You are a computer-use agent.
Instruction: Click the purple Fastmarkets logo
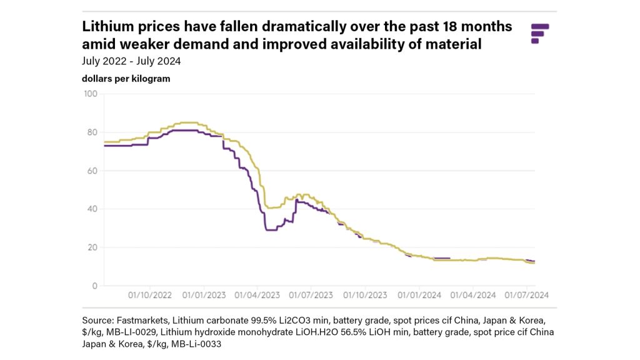pos(539,33)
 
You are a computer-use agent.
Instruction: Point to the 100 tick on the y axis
pos(91,94)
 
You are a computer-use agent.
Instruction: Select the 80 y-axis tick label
pos(92,132)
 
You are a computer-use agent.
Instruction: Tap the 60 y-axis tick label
pos(92,171)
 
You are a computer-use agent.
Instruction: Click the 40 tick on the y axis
pos(92,209)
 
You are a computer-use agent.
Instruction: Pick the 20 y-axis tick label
pos(92,247)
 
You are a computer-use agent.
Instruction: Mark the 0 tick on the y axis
pos(95,286)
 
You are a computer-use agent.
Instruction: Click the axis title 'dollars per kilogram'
pos(126,79)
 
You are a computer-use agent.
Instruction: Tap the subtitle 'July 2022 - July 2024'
pos(131,61)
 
